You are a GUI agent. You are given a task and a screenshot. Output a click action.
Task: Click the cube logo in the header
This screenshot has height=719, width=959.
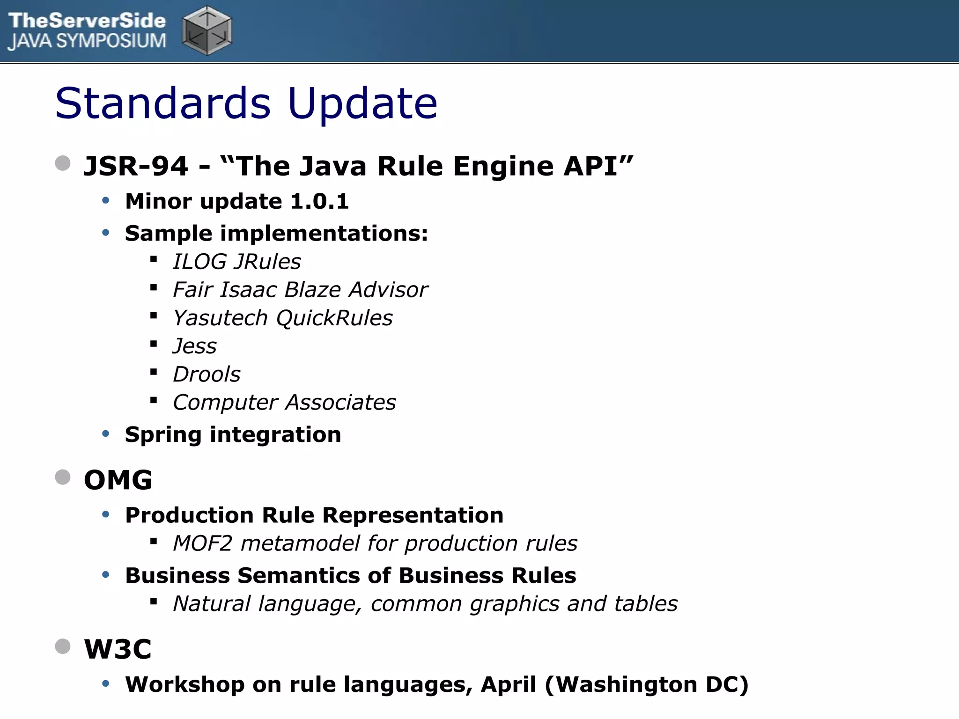207,30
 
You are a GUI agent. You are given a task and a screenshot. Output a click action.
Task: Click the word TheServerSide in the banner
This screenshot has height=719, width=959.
87,21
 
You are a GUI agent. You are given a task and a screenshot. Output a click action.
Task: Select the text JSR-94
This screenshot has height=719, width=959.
136,166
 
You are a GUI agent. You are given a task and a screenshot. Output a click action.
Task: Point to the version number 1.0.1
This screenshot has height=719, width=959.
319,201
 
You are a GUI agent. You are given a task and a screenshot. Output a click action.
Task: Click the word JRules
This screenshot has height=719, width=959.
268,262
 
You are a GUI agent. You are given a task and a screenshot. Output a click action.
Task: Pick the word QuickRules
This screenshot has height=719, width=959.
334,318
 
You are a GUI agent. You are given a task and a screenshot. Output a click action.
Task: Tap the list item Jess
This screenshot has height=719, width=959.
195,346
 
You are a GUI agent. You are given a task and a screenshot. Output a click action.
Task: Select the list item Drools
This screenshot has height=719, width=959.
207,374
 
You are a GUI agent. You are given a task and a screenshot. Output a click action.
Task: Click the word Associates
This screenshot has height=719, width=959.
341,403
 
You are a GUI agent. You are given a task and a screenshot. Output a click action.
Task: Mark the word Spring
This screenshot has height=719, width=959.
163,435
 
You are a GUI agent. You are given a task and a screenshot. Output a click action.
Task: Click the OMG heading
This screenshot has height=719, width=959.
118,480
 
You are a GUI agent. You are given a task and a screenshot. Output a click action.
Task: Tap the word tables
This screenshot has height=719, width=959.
646,604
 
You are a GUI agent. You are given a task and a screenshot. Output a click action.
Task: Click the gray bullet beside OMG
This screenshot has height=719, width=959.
63,477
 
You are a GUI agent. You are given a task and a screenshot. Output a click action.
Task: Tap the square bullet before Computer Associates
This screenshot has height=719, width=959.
153,400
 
